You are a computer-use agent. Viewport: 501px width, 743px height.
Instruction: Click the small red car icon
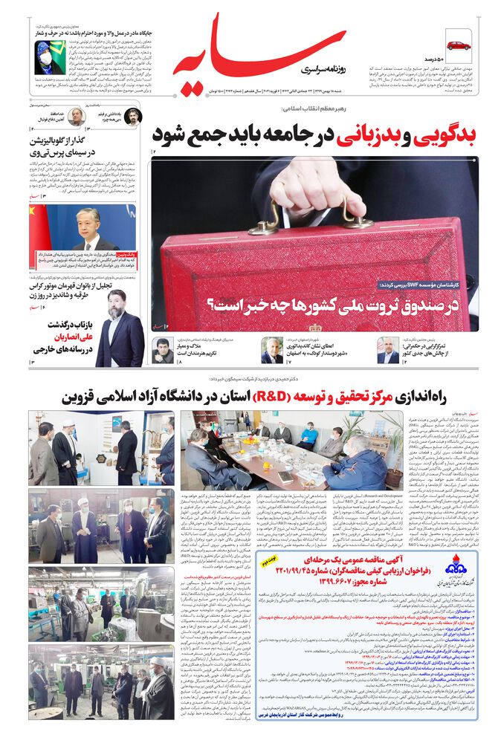click(x=458, y=46)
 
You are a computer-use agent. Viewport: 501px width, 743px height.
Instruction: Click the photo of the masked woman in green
click(x=48, y=54)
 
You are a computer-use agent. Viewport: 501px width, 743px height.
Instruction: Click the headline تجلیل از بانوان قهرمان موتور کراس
click(x=71, y=291)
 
